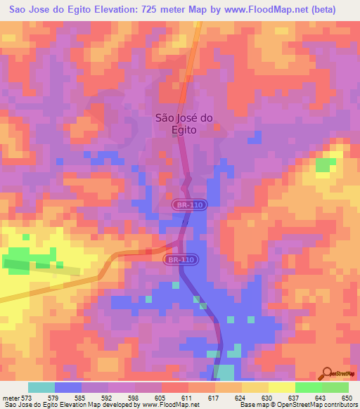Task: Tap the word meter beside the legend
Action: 12,397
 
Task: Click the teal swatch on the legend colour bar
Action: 41,387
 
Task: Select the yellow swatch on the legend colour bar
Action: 282,387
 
